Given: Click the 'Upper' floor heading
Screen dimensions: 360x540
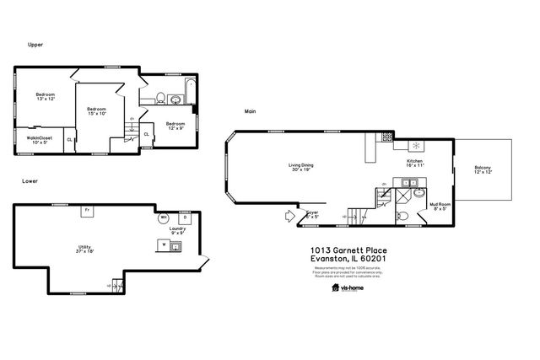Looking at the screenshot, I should pyautogui.click(x=35, y=45).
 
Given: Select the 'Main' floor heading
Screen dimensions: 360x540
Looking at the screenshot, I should pyautogui.click(x=250, y=110).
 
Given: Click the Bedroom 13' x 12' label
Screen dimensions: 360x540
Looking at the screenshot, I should pyautogui.click(x=45, y=97).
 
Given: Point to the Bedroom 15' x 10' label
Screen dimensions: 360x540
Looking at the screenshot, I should pyautogui.click(x=96, y=111).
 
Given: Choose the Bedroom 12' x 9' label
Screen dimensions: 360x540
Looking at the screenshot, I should pyautogui.click(x=175, y=126).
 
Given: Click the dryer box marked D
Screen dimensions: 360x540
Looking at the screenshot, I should pyautogui.click(x=184, y=218).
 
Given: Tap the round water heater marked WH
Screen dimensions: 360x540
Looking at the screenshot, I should pyautogui.click(x=164, y=218).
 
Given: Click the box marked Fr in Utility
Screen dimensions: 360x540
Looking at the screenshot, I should pyautogui.click(x=86, y=210).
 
